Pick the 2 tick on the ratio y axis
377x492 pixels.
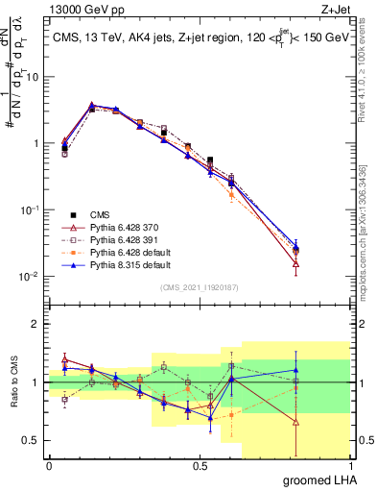[x=37, y=324]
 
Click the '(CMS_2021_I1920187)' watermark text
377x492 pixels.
[x=200, y=287]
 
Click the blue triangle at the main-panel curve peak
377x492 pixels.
[x=92, y=105]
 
